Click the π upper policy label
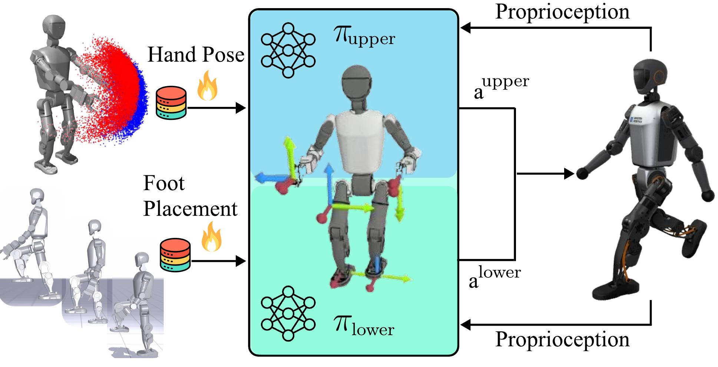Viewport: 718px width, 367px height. (364, 36)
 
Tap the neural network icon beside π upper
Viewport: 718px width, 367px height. (288, 50)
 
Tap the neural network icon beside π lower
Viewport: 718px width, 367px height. (288, 313)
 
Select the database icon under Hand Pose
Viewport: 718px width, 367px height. (171, 103)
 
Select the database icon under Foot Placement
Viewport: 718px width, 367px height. (175, 255)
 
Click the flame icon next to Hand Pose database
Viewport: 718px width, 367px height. (207, 86)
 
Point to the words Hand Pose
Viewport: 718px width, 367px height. (196, 55)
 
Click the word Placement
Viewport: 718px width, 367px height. (190, 209)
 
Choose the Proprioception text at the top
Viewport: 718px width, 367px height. (562, 12)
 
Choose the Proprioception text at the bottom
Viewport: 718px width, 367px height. (562, 339)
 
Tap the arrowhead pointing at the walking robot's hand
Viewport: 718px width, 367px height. (569, 174)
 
